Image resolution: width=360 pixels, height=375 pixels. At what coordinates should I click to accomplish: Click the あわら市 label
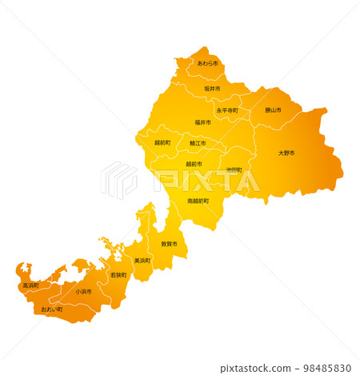(x=207, y=63)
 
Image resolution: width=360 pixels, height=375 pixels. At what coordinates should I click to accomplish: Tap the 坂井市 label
(x=212, y=89)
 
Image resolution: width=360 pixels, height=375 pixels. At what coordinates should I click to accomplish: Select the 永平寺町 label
(x=227, y=110)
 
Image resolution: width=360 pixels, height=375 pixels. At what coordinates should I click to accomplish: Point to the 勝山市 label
(x=273, y=110)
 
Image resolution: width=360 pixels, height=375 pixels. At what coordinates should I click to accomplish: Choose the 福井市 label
(x=203, y=123)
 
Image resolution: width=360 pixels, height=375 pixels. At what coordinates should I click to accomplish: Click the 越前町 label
(x=162, y=143)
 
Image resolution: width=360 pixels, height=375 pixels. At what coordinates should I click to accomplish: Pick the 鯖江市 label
(x=198, y=143)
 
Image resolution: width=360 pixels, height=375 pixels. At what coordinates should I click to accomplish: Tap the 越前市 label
(x=194, y=164)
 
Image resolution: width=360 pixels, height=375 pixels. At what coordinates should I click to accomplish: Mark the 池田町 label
(x=234, y=170)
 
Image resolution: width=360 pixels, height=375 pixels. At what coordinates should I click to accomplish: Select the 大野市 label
(x=286, y=153)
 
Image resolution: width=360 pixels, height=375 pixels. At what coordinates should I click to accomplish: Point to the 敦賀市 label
(x=169, y=244)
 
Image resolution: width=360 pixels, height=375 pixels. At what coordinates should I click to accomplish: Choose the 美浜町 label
(x=142, y=261)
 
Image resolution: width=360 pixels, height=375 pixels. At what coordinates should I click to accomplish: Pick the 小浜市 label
(x=83, y=292)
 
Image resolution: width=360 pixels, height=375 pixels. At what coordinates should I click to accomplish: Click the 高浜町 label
(x=30, y=285)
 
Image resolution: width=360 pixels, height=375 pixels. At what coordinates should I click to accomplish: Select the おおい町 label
(x=52, y=309)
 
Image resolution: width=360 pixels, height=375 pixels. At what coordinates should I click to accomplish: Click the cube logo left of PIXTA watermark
(x=119, y=180)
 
